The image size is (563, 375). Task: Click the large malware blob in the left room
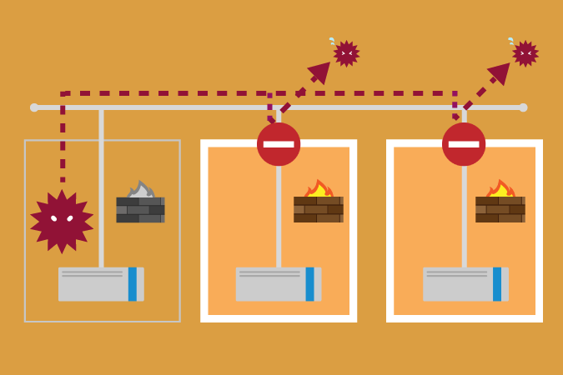(x=62, y=221)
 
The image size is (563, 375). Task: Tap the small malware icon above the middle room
(x=346, y=53)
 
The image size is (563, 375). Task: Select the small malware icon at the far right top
(x=525, y=53)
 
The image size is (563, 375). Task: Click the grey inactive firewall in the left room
(x=140, y=209)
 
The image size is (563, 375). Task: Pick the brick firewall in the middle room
(x=318, y=209)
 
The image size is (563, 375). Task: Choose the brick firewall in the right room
(x=500, y=209)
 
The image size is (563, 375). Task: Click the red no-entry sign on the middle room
(x=279, y=144)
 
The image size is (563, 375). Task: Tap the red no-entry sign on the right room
(x=464, y=144)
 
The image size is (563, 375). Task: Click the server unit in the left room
(x=100, y=284)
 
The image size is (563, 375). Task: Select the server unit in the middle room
(x=278, y=284)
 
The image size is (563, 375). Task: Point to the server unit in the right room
(x=465, y=284)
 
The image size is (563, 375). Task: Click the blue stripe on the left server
(x=132, y=284)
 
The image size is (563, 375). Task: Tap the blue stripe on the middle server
(x=309, y=284)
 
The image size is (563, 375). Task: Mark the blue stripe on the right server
(x=497, y=284)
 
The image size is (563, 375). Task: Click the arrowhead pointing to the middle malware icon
(x=320, y=72)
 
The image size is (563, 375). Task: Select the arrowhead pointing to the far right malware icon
(x=500, y=72)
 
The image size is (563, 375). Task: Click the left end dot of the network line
(x=34, y=107)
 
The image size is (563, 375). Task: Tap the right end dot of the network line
(x=523, y=107)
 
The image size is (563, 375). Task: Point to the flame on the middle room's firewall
(x=318, y=188)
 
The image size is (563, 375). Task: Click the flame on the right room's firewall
(x=500, y=188)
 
